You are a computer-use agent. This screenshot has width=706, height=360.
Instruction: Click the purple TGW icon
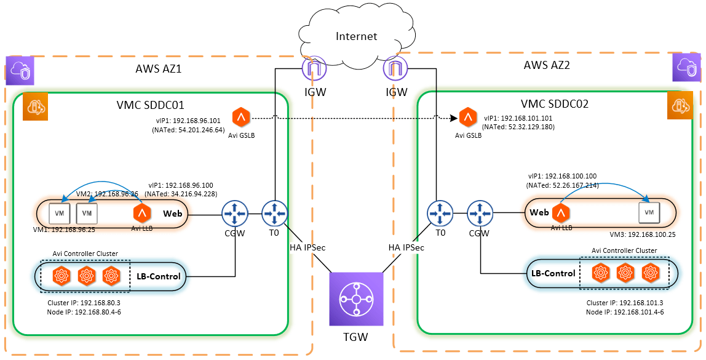(356, 299)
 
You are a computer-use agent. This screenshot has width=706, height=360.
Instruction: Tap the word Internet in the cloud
(357, 36)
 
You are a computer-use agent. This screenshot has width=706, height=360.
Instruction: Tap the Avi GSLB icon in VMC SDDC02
(469, 118)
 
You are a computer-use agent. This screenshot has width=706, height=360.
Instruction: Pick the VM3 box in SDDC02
(649, 212)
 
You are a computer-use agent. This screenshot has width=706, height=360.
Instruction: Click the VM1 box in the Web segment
(60, 213)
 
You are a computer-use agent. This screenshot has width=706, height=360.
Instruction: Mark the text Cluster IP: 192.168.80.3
(77, 303)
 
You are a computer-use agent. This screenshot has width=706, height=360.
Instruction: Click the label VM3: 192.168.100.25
(643, 234)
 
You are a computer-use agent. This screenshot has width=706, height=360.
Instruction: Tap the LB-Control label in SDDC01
(159, 276)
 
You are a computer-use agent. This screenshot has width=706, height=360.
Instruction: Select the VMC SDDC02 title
(555, 103)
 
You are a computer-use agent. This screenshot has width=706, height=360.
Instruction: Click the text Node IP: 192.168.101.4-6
(621, 312)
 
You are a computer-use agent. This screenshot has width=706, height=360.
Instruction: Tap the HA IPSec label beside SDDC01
(307, 247)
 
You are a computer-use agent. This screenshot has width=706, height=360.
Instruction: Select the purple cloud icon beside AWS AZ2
(687, 67)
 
